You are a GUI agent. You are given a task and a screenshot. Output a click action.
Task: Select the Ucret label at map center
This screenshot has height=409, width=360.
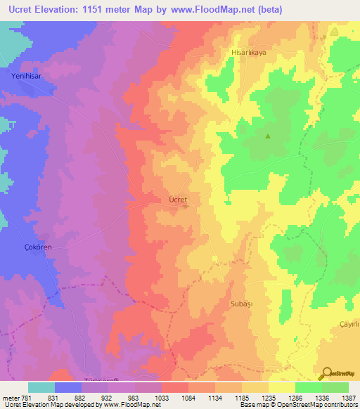(178, 200)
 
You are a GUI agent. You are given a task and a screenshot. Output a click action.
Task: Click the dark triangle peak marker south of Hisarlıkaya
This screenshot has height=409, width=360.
(267, 136)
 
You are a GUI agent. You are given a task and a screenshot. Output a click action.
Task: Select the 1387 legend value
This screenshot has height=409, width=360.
(348, 397)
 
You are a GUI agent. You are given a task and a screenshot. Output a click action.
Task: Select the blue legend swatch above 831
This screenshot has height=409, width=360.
(68, 387)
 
